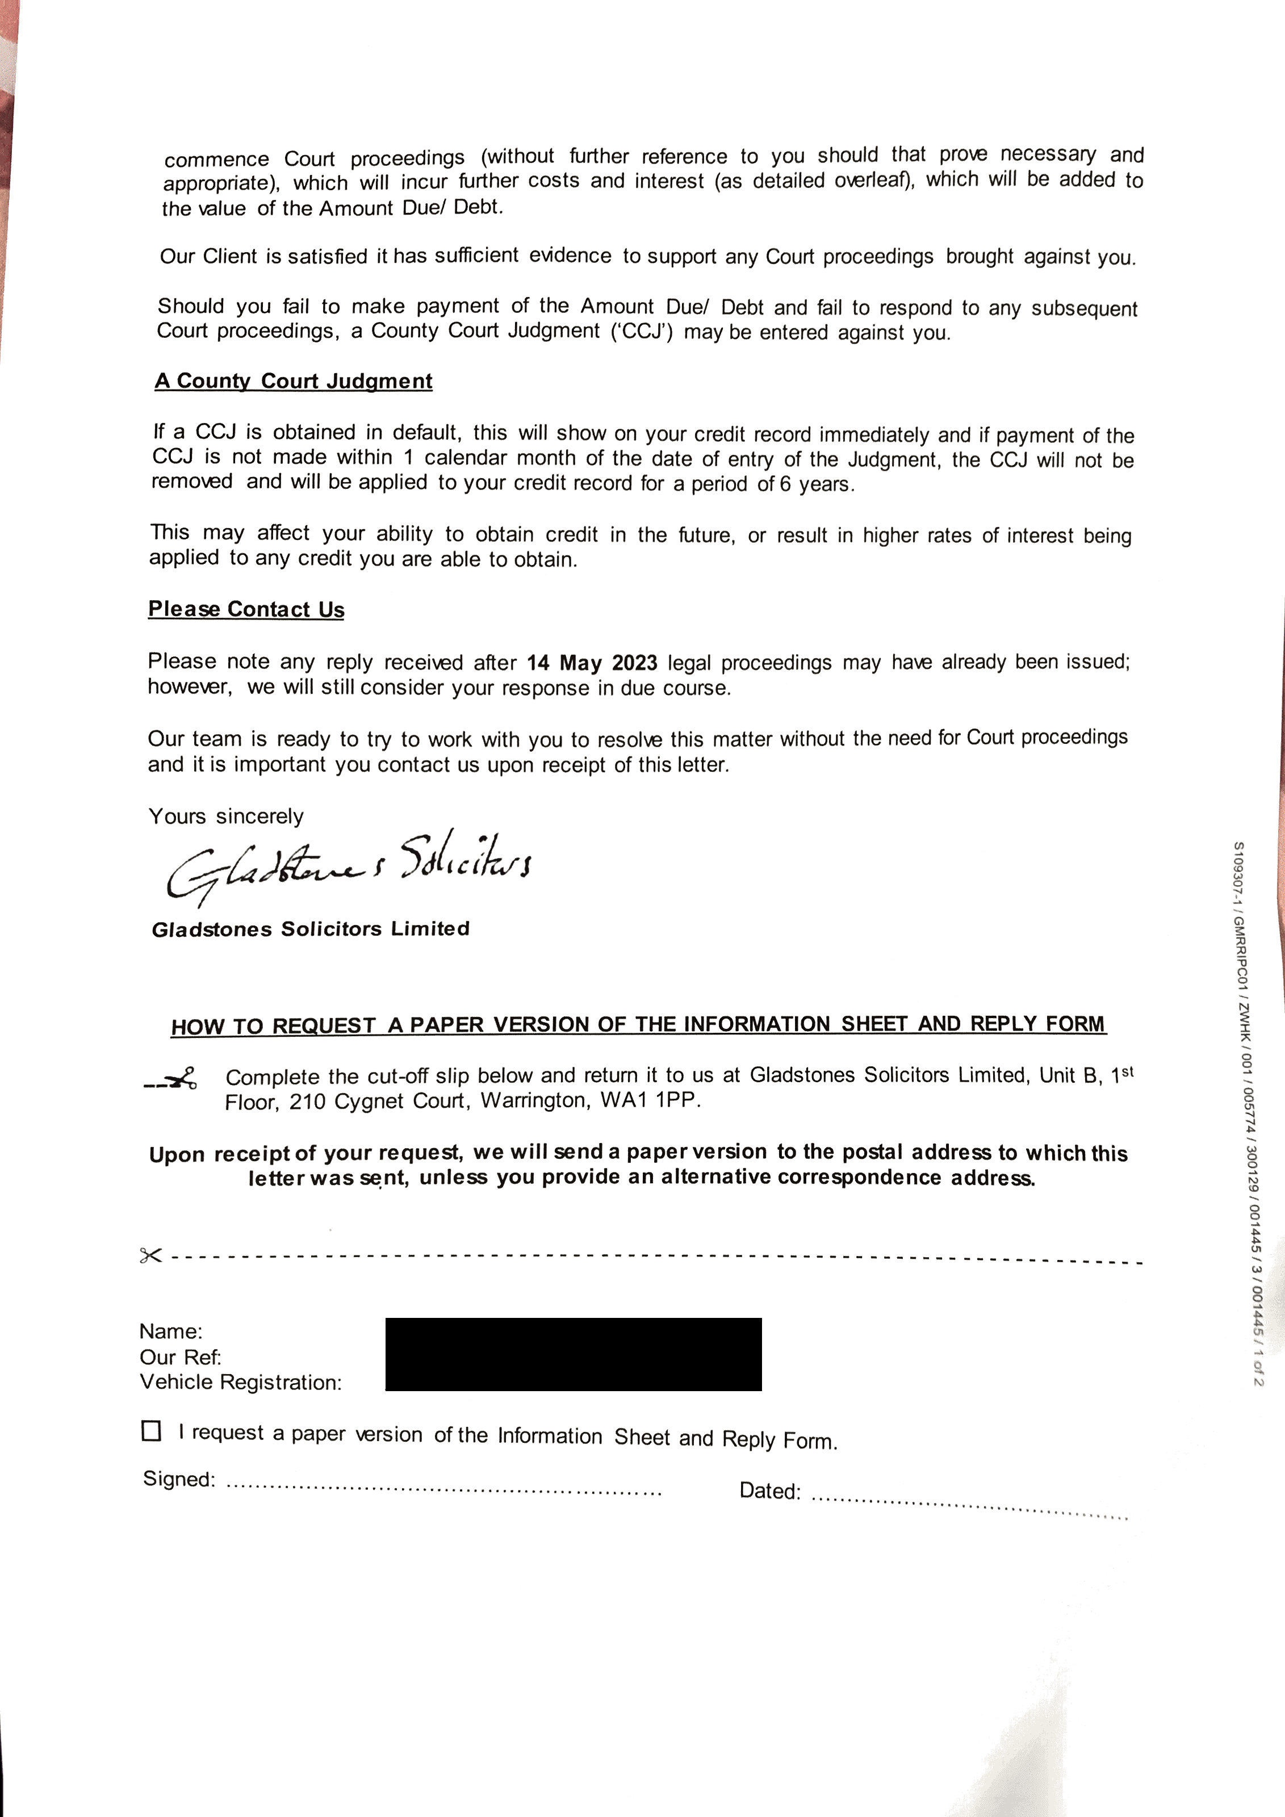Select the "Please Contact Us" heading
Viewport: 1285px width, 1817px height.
[246, 609]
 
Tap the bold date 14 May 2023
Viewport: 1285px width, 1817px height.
[592, 663]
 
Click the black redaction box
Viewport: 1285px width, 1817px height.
[573, 1354]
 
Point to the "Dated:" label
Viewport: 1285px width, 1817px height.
[769, 1491]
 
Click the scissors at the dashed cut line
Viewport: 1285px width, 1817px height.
[150, 1255]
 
